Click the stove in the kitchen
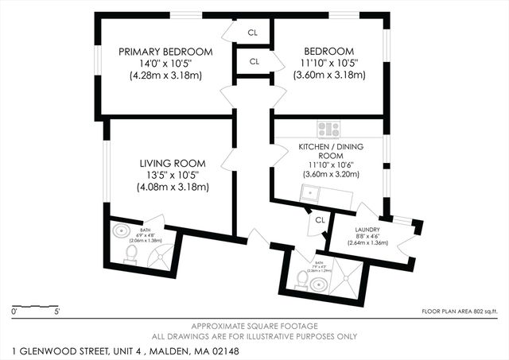point(328,129)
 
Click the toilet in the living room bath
point(131,254)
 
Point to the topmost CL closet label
point(253,33)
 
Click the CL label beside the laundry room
point(320,220)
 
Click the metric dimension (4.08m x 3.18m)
point(172,188)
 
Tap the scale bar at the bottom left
point(36,306)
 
